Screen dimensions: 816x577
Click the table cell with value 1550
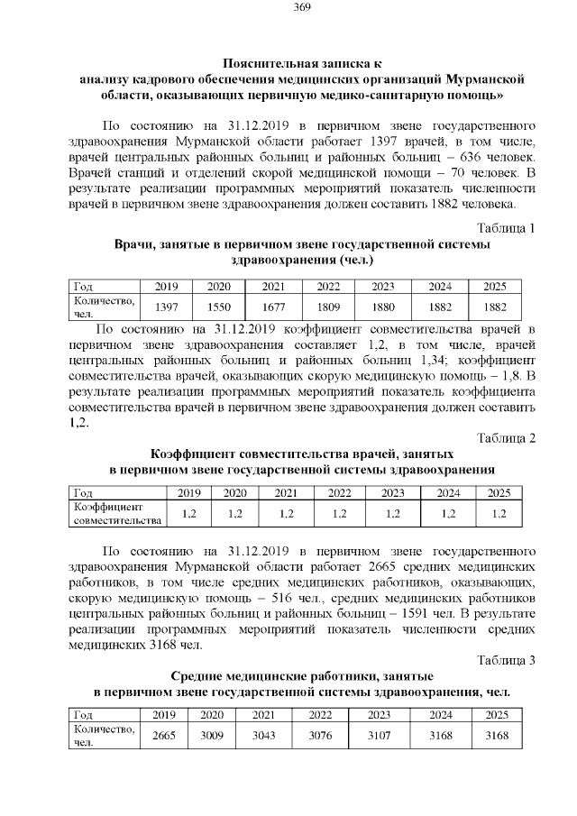[x=218, y=307]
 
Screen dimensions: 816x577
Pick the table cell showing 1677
[x=274, y=307]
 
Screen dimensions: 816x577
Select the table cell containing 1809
[x=328, y=307]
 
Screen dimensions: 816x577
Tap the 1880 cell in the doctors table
[x=383, y=307]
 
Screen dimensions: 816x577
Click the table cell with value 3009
[x=212, y=735]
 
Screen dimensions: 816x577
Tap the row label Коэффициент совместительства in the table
[x=117, y=513]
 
